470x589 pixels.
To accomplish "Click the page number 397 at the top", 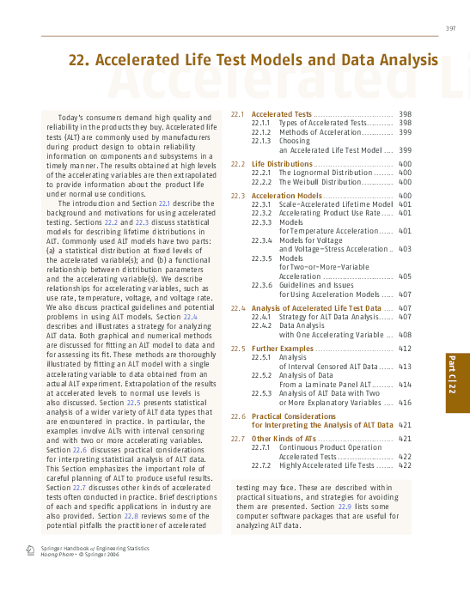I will click(x=450, y=29).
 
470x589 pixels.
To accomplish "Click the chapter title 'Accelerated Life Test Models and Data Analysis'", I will click(x=253, y=60).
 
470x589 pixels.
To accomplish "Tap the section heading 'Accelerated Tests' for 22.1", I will click(x=281, y=114).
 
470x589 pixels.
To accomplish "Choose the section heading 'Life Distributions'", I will click(x=282, y=164).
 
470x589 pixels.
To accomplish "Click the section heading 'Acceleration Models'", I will click(x=286, y=197).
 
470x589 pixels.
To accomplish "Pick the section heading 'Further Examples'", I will click(x=283, y=349).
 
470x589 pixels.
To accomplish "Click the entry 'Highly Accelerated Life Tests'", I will click(x=327, y=465).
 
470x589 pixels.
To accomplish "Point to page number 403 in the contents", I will click(x=405, y=249).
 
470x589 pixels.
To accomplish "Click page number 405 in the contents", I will click(x=405, y=276).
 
